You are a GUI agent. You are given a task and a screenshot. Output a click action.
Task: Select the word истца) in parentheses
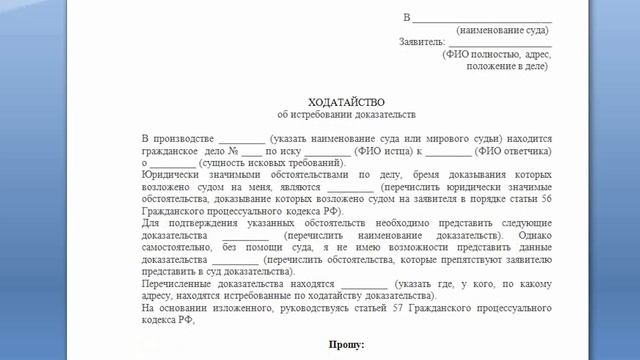384,148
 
